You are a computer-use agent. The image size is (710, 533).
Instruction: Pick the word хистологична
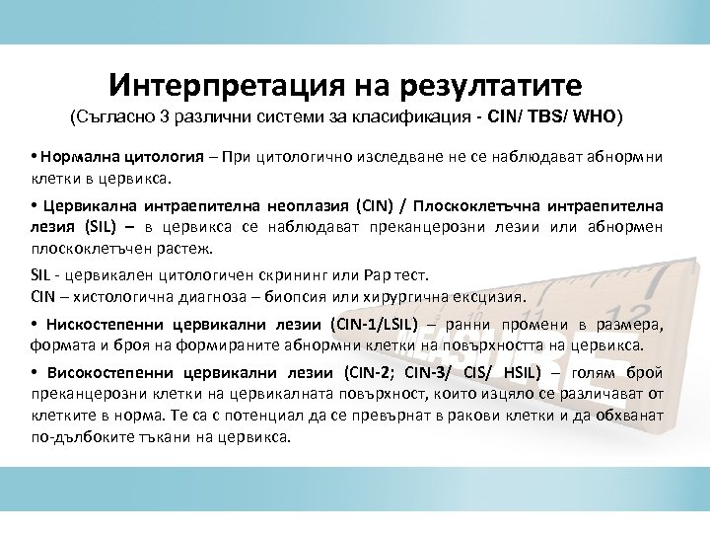point(109,296)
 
